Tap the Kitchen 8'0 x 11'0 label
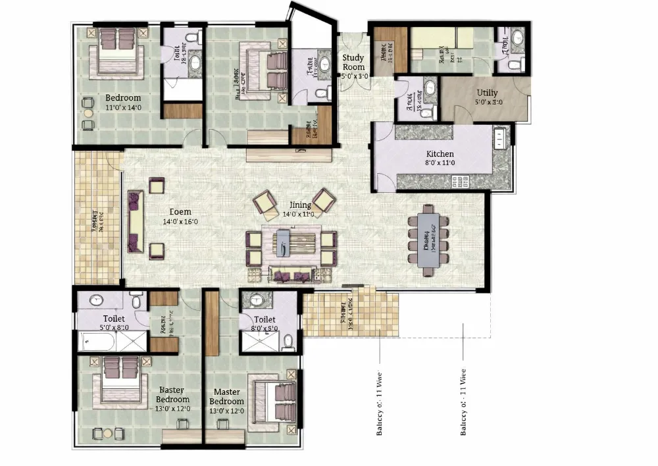pos(440,158)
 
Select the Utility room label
pos(488,97)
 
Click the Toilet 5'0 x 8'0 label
pos(114,323)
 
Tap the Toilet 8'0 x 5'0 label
pos(265,323)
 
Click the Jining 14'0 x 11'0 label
pos(297,209)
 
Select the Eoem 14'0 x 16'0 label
pos(180,217)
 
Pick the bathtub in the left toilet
pos(97,341)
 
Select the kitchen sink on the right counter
pos(501,138)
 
